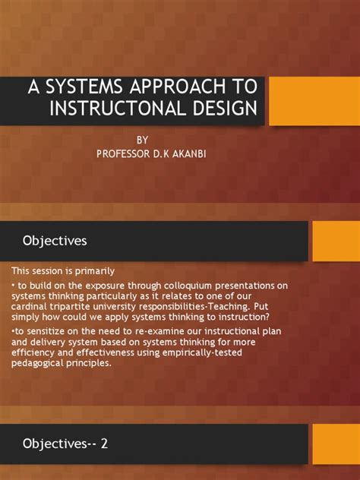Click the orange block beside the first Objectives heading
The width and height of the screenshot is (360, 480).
click(336, 241)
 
